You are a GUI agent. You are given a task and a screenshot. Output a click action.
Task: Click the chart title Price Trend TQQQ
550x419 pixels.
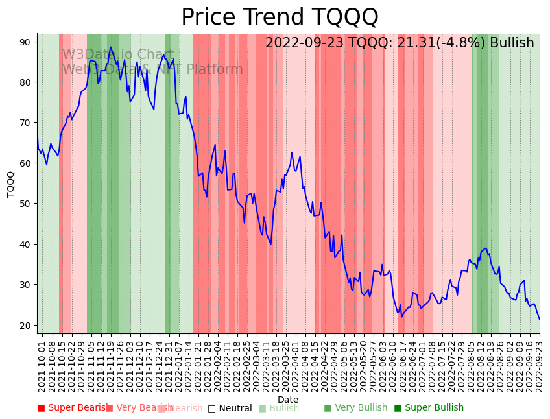point(280,18)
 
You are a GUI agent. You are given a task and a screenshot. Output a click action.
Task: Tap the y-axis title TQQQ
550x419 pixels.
point(11,184)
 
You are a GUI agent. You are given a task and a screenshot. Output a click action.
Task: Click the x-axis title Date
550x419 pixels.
point(288,400)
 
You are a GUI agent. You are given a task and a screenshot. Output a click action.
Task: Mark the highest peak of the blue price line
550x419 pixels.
point(110,47)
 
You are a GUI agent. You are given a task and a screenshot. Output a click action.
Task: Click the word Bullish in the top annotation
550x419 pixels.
point(512,43)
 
